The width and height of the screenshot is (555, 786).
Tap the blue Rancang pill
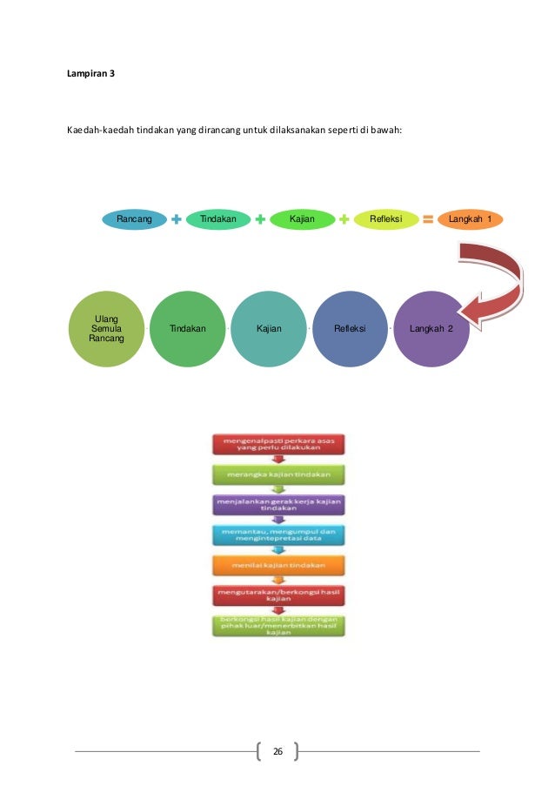tap(134, 219)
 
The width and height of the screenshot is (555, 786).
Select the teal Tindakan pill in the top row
tap(218, 219)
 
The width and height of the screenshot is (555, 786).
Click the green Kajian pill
tap(302, 219)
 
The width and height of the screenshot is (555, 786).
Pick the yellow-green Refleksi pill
tap(384, 219)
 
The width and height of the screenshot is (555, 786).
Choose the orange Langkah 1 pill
tap(470, 219)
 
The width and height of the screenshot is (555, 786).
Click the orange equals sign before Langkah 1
tap(428, 220)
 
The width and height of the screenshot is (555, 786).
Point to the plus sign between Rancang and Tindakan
tap(177, 220)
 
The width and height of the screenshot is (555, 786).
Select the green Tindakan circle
tap(188, 329)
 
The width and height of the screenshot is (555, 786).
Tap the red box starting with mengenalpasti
tap(277, 446)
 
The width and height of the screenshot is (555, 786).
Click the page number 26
tap(277, 750)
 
